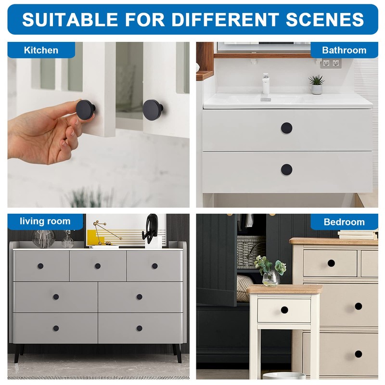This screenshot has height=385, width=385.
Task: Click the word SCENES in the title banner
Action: tap(325, 19)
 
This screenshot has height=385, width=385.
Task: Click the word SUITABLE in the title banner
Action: tap(70, 19)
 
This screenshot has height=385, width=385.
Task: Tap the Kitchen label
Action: tap(41, 50)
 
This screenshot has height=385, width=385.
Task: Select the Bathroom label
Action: tap(344, 50)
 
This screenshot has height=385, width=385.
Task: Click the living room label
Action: tap(45, 221)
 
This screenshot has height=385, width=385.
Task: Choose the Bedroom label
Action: tap(344, 222)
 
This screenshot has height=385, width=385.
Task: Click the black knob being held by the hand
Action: tap(86, 109)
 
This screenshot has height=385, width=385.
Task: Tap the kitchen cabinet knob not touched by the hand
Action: tap(153, 110)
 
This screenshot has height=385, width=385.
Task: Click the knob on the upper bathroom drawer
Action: tap(286, 128)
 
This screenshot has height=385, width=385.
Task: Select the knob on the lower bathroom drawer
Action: tap(286, 169)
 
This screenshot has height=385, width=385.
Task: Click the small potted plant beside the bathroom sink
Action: tap(316, 84)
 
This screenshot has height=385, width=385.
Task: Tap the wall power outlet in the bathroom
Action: tap(331, 63)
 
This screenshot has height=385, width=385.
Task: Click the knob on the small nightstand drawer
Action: tap(284, 310)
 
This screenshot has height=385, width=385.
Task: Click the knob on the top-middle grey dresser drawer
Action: tap(97, 266)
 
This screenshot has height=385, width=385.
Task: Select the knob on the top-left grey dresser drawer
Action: tap(40, 266)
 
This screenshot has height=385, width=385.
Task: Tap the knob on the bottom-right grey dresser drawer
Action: tap(139, 328)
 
